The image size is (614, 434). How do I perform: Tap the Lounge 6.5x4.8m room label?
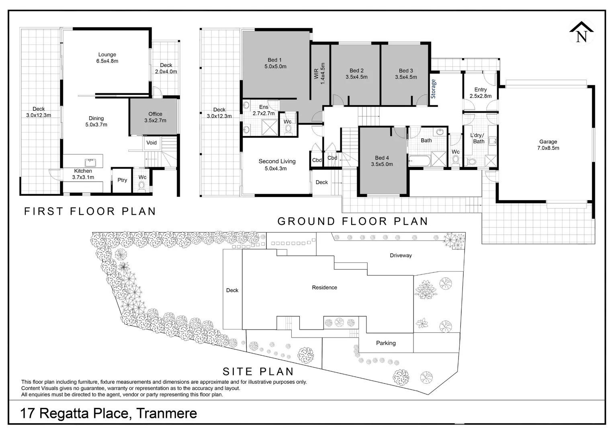(107, 58)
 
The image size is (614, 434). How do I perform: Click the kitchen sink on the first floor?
(90, 162)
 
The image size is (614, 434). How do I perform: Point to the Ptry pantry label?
(122, 180)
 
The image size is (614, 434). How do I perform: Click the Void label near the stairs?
(151, 143)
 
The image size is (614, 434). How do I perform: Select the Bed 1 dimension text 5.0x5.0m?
(275, 67)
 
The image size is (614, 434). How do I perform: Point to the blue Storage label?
(433, 89)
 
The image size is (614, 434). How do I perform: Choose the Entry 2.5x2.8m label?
(481, 93)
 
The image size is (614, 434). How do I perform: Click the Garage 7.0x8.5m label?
(548, 145)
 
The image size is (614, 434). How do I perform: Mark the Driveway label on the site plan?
(401, 256)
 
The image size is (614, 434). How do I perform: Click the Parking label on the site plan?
(386, 343)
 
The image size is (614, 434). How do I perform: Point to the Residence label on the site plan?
(324, 288)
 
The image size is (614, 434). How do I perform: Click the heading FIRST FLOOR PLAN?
(90, 211)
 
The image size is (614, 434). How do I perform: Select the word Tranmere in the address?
(167, 413)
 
